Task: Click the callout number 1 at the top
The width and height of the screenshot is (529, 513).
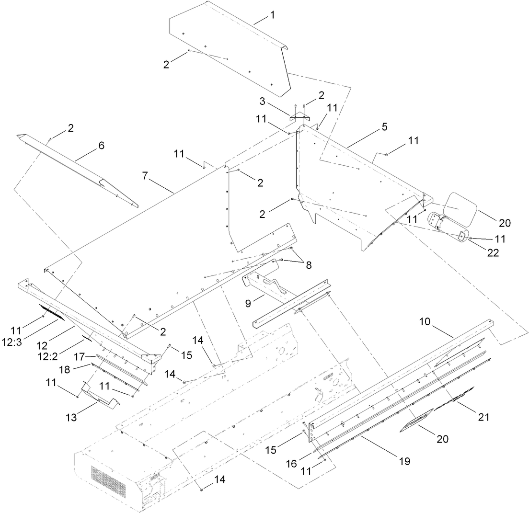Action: point(272,15)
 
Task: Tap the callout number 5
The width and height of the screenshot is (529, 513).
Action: point(384,127)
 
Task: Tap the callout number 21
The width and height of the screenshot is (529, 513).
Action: point(483,417)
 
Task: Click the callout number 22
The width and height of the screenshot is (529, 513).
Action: point(493,253)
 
